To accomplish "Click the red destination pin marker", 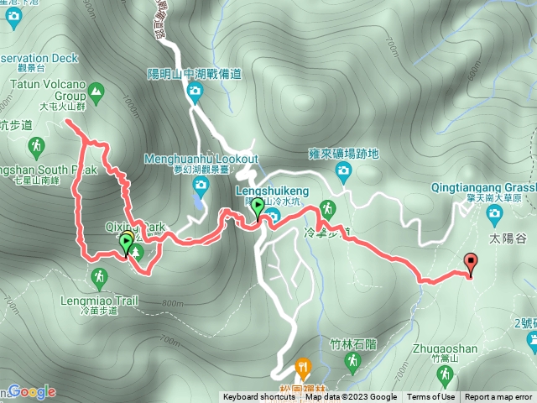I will [x=470, y=264].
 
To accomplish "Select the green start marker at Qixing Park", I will [x=127, y=244].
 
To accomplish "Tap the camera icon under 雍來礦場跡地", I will [x=343, y=172].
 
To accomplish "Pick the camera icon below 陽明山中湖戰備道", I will [x=195, y=92].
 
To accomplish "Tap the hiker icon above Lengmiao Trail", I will [x=99, y=276].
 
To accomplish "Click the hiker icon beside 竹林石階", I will [x=352, y=362].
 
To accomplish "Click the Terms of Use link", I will [x=430, y=397].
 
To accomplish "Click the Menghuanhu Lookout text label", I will [x=201, y=157].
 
